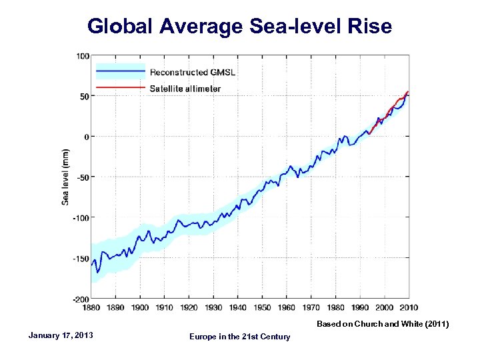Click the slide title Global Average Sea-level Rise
(x=240, y=26)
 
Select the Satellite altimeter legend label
(x=185, y=89)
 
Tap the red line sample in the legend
(x=121, y=87)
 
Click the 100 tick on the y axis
(x=83, y=56)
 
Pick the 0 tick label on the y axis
(x=87, y=137)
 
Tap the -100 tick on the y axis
(x=82, y=217)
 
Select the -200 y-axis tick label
(x=82, y=298)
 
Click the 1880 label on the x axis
(x=91, y=307)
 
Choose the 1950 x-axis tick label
(x=263, y=307)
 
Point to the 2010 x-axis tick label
(x=409, y=307)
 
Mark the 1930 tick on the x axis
(x=213, y=307)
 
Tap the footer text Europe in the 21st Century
(x=240, y=337)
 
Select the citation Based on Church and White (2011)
(x=383, y=324)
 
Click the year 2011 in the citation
(x=436, y=324)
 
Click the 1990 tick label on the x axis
(x=360, y=307)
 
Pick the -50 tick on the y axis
(x=83, y=177)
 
